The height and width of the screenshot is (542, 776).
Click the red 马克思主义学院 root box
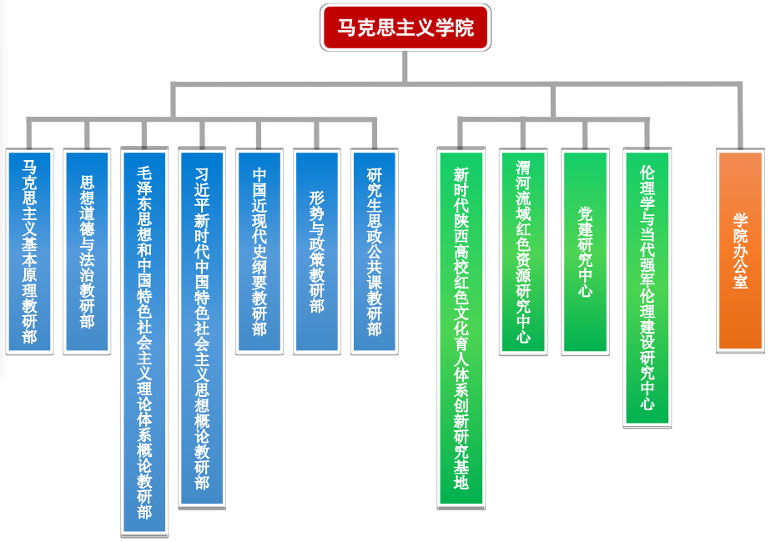point(405,28)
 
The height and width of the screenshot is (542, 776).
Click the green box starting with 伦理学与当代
point(647,288)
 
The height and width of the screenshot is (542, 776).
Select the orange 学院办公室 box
point(740,250)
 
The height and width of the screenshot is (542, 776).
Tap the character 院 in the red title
point(465,28)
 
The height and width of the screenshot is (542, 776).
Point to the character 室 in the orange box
point(740,282)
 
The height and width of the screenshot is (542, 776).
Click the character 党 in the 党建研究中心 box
point(585,213)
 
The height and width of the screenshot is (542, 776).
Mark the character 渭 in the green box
point(523,168)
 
